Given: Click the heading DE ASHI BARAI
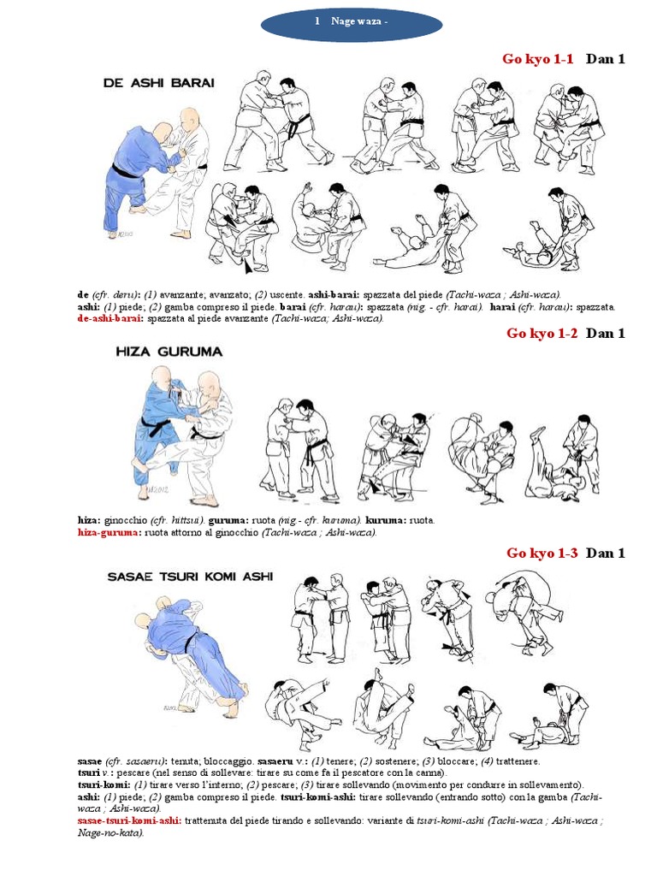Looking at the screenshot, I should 158,83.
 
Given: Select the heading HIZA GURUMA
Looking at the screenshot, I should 169,351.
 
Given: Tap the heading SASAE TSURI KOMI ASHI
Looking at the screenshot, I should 190,577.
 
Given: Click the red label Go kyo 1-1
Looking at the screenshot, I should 537,59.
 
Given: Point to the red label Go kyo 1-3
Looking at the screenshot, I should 542,553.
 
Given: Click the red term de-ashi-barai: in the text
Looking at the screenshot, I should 110,317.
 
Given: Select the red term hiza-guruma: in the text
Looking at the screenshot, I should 109,531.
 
